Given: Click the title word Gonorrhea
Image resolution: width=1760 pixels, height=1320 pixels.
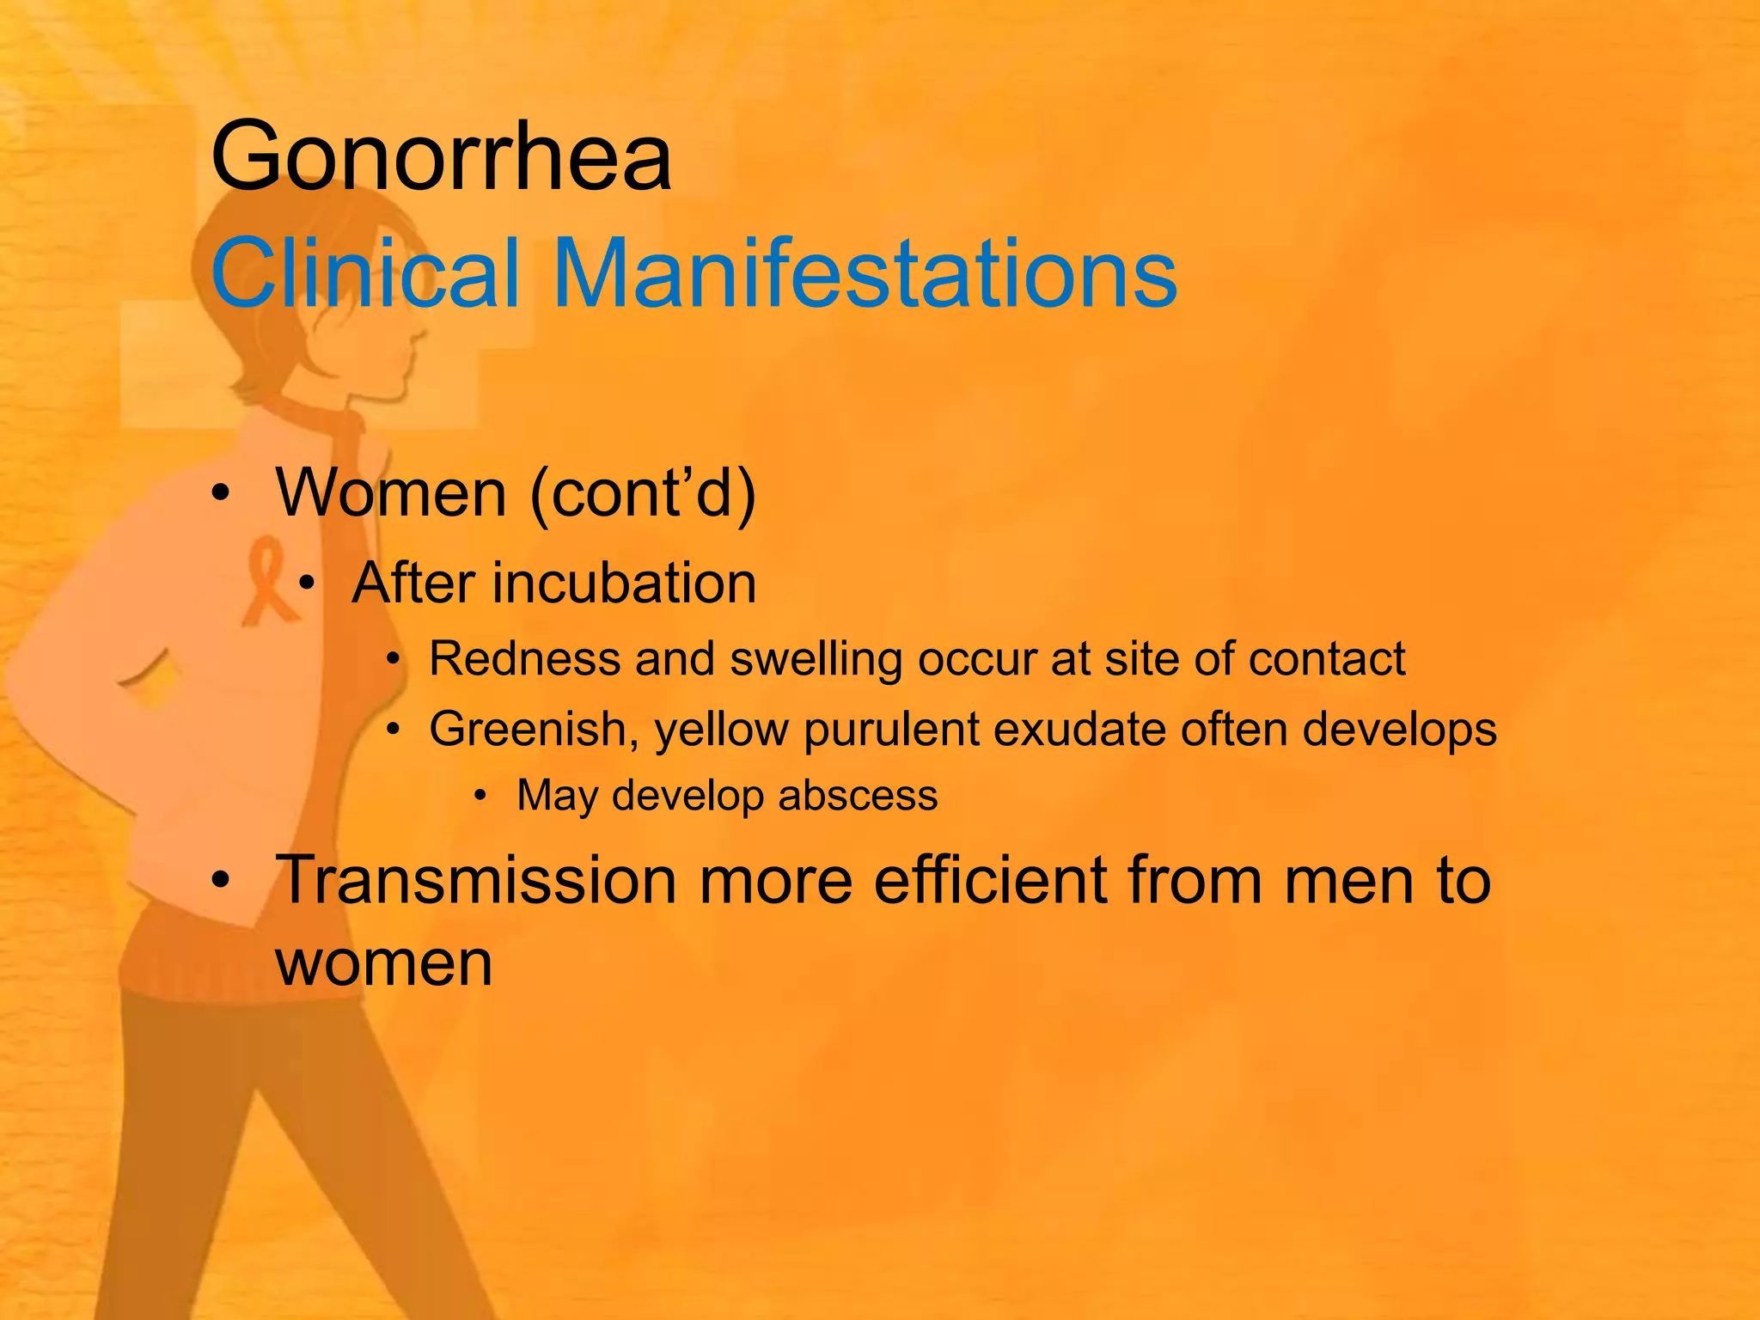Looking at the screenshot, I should (x=441, y=157).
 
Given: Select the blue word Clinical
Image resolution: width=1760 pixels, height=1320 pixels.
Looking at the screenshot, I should (x=366, y=273).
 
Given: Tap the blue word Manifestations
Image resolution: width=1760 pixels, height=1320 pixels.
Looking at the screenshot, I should (x=865, y=273).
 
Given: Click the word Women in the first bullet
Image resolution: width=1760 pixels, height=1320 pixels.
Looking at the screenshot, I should (x=391, y=493).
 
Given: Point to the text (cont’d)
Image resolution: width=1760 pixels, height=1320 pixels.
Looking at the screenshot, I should (x=643, y=493).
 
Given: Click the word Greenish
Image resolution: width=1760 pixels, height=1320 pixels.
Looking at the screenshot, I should (x=533, y=730).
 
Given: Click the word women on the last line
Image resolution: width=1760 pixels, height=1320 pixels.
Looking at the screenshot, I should (x=383, y=963).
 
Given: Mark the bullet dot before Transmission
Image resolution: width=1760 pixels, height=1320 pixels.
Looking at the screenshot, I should (x=222, y=881).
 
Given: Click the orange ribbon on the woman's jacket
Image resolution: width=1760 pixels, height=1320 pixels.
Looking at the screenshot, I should (x=268, y=581).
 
